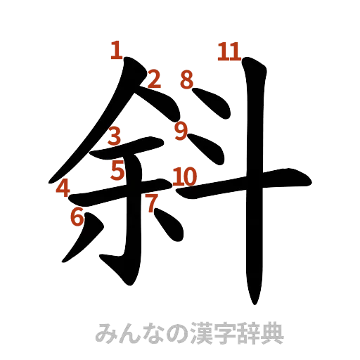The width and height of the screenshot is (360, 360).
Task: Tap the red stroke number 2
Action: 154,79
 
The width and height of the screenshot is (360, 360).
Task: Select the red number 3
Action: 115,136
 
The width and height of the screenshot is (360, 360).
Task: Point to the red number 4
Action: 63,188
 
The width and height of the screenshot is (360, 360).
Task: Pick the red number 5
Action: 117,169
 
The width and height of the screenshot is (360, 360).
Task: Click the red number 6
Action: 77,217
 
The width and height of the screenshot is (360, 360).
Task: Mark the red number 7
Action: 150,204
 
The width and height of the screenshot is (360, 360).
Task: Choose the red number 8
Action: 186,79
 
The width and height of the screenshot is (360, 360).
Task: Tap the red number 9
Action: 181,130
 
